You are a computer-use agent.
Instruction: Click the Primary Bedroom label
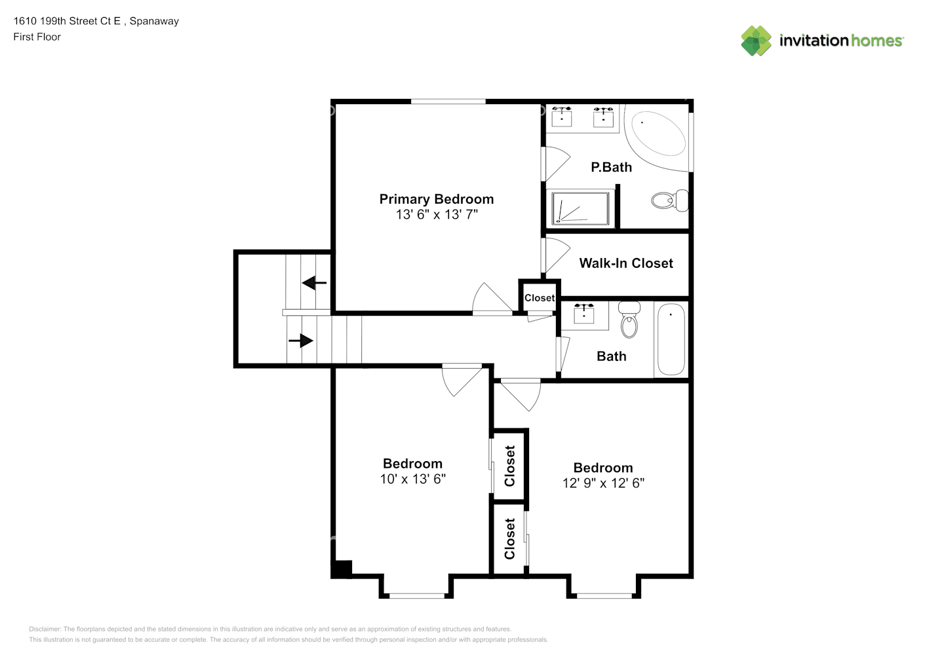[436, 199]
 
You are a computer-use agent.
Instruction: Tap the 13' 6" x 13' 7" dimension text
[437, 215]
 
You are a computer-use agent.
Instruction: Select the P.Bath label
[611, 167]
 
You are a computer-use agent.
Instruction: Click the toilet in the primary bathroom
[669, 200]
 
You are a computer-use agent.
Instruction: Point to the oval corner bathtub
[658, 132]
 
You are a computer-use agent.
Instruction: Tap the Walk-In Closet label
[625, 263]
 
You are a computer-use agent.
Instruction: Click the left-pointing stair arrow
[314, 283]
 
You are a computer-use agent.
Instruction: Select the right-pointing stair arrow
[301, 341]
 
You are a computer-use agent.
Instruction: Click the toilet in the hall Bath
[629, 320]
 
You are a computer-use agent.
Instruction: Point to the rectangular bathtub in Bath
[671, 339]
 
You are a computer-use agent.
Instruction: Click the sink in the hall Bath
[584, 314]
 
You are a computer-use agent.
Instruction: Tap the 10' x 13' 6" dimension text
[412, 479]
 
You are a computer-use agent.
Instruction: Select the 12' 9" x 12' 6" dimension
[603, 483]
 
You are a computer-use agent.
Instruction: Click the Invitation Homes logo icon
[756, 41]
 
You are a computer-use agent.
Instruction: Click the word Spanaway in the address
[154, 21]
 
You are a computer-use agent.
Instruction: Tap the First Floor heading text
[37, 37]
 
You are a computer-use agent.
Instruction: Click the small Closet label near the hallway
[540, 298]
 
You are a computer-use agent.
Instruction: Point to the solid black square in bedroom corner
[342, 569]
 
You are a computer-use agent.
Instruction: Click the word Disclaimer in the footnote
[45, 629]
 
